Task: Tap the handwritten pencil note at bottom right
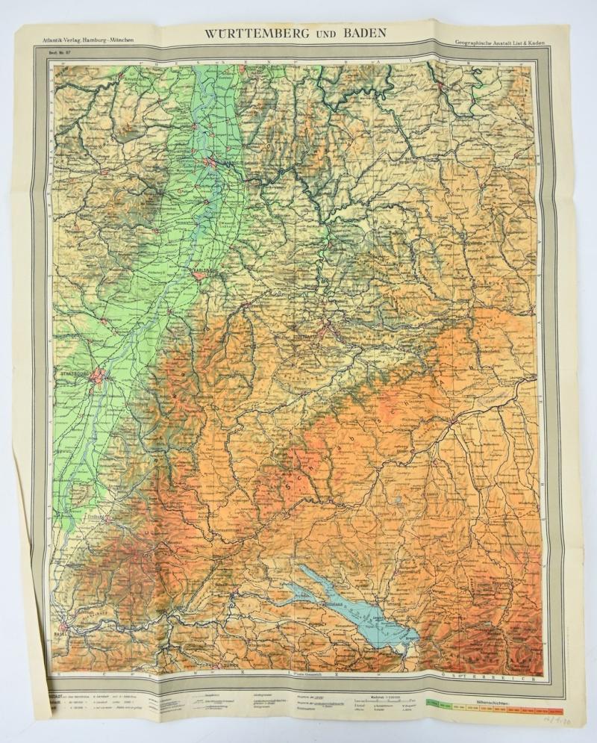pos(556,724)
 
